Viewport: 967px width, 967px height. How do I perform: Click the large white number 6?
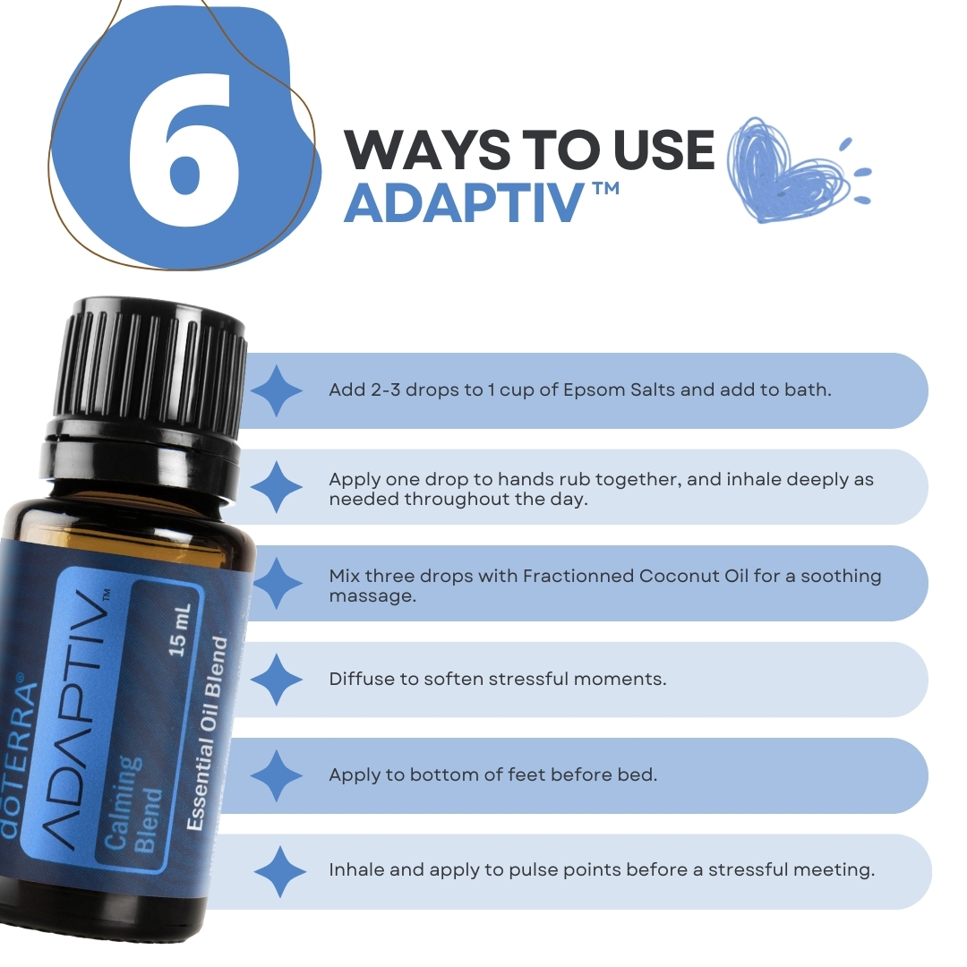click(185, 151)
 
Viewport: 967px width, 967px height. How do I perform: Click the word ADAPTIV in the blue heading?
click(463, 203)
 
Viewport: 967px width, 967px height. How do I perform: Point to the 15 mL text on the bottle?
click(179, 629)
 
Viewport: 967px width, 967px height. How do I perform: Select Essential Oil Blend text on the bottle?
click(208, 734)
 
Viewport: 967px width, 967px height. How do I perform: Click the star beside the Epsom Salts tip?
click(277, 390)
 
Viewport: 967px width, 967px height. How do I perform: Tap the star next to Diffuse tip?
click(277, 679)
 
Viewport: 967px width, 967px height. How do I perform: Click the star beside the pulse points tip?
click(280, 871)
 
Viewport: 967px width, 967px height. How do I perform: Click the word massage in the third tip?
click(372, 596)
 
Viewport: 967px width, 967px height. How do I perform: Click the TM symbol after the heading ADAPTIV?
click(607, 188)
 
